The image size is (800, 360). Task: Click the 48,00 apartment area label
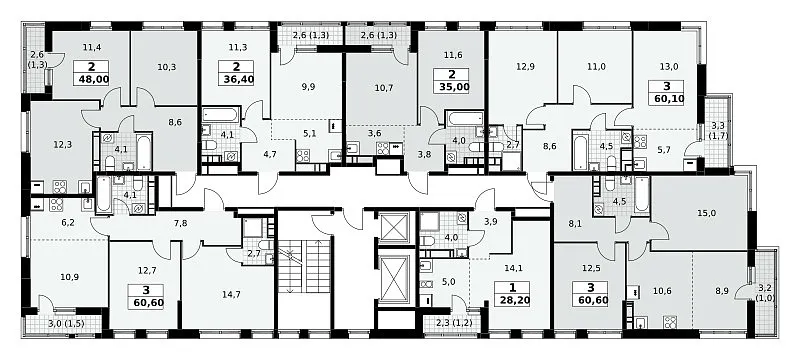(x=91, y=79)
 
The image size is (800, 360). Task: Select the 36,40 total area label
(x=239, y=79)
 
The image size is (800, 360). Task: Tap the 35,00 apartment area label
(x=452, y=86)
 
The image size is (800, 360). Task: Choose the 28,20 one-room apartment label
(x=512, y=299)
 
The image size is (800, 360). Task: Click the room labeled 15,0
(x=702, y=213)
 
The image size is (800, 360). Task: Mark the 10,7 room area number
(x=383, y=87)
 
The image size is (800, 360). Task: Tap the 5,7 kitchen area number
(x=664, y=149)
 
